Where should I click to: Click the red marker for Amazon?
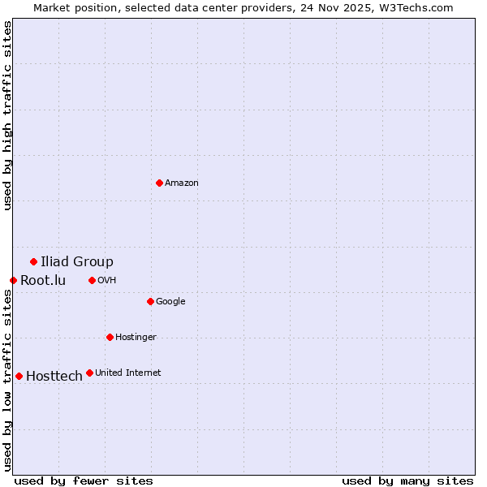coord(159,183)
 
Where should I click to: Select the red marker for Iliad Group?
coord(33,261)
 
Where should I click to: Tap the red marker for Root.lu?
coord(13,280)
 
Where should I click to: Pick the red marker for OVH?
coord(92,280)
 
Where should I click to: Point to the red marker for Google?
coord(150,301)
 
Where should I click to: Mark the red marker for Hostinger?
coord(110,337)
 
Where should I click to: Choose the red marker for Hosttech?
coord(19,376)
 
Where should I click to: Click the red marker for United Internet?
coord(89,373)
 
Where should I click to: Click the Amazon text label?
coord(182,183)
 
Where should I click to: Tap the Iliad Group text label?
coord(77,261)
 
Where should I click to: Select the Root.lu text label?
coord(43,281)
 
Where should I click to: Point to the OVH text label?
coord(107,281)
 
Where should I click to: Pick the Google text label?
coord(170,302)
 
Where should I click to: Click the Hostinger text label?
coord(136,338)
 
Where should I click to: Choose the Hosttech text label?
coord(54,377)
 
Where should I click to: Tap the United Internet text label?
coord(128,373)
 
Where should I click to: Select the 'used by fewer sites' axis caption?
coord(84,481)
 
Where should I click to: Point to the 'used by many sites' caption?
coord(407,481)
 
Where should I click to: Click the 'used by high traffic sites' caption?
coord(7,115)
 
